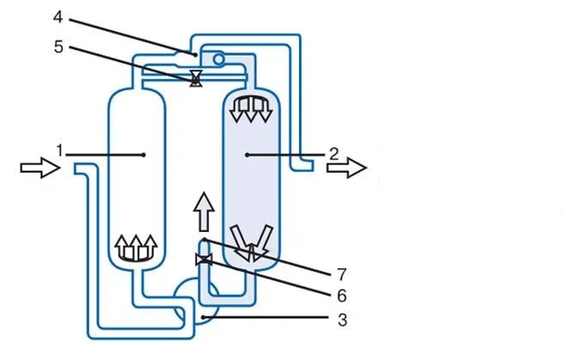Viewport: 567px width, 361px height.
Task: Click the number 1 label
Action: [60, 150]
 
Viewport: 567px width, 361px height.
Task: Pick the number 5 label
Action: [58, 47]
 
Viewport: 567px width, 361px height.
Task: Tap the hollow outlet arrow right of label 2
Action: [346, 168]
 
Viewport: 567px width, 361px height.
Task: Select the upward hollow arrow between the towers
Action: [203, 211]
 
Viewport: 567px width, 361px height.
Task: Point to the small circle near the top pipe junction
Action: [219, 58]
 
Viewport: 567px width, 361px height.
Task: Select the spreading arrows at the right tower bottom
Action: [252, 241]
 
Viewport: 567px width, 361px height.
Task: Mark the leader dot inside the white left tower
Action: [143, 155]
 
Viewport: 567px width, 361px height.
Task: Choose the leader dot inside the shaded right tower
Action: [247, 155]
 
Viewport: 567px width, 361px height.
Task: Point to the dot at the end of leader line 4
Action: [197, 53]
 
